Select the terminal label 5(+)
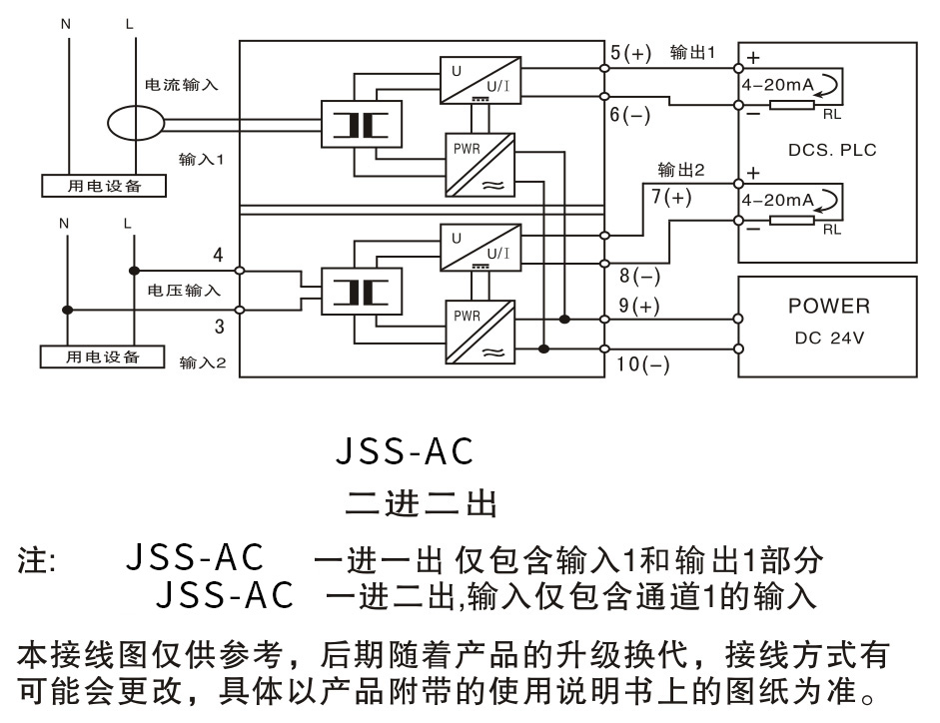pos(630,53)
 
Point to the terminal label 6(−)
pos(630,115)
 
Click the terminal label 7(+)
pos(671,197)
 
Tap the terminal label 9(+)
pos(639,307)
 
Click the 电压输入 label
pos(182,290)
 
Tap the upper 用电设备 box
pos(105,186)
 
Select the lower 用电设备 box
pos(103,357)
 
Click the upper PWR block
pos(479,166)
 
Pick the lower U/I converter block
pos(479,246)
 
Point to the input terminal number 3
pos(218,325)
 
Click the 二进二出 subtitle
pos(421,501)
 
